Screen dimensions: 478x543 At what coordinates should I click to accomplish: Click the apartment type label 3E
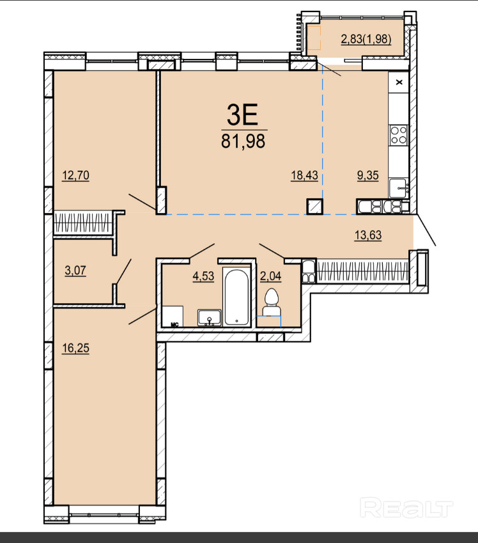(x=242, y=115)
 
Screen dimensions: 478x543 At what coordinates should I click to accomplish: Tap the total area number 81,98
(x=243, y=141)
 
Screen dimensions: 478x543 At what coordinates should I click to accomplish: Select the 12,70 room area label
(x=75, y=175)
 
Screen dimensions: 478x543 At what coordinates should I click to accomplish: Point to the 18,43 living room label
(x=304, y=175)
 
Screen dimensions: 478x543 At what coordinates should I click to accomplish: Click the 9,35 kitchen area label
(x=368, y=175)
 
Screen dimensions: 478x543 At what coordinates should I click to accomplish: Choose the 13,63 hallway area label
(x=368, y=235)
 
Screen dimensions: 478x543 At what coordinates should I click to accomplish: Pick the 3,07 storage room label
(x=75, y=270)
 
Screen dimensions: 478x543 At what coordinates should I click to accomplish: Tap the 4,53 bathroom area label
(x=203, y=276)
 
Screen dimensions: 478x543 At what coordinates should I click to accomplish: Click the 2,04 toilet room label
(x=271, y=276)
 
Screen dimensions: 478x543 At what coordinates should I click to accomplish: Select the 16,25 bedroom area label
(x=75, y=348)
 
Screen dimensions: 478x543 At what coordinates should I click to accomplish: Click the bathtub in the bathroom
(x=236, y=296)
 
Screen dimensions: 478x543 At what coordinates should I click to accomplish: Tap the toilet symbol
(x=272, y=303)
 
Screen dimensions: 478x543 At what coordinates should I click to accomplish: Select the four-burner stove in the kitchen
(x=398, y=135)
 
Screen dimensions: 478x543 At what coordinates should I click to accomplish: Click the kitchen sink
(x=398, y=189)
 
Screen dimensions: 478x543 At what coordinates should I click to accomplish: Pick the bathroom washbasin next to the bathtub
(x=210, y=318)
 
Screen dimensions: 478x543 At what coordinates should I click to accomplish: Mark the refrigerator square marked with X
(x=399, y=82)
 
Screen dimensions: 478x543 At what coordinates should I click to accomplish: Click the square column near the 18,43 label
(x=314, y=207)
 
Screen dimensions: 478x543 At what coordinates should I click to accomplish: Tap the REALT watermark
(x=406, y=508)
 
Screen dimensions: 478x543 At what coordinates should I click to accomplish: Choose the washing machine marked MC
(x=173, y=317)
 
